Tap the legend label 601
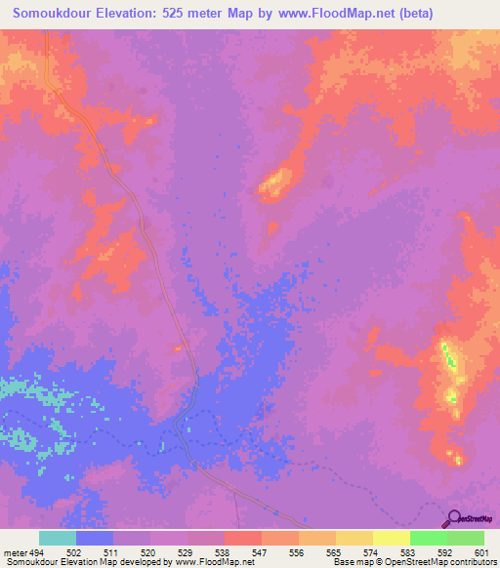coord(479,552)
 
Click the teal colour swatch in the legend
coord(58,538)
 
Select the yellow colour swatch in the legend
coord(392,538)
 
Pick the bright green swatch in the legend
coord(429,538)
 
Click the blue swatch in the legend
coord(95,538)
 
